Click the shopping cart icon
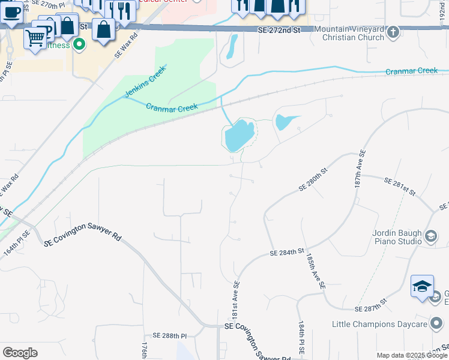[x=35, y=38]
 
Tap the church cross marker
[x=393, y=32]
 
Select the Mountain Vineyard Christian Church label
[x=349, y=33]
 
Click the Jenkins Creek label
[x=145, y=82]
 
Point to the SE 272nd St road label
[x=278, y=29]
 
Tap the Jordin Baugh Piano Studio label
[x=394, y=238]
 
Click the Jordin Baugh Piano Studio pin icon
[x=430, y=237]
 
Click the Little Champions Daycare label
[x=379, y=325]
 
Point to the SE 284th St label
[x=288, y=253]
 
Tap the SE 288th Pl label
[x=170, y=335]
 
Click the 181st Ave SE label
[x=236, y=300]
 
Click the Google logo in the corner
[x=20, y=353]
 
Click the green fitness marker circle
[x=78, y=45]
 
